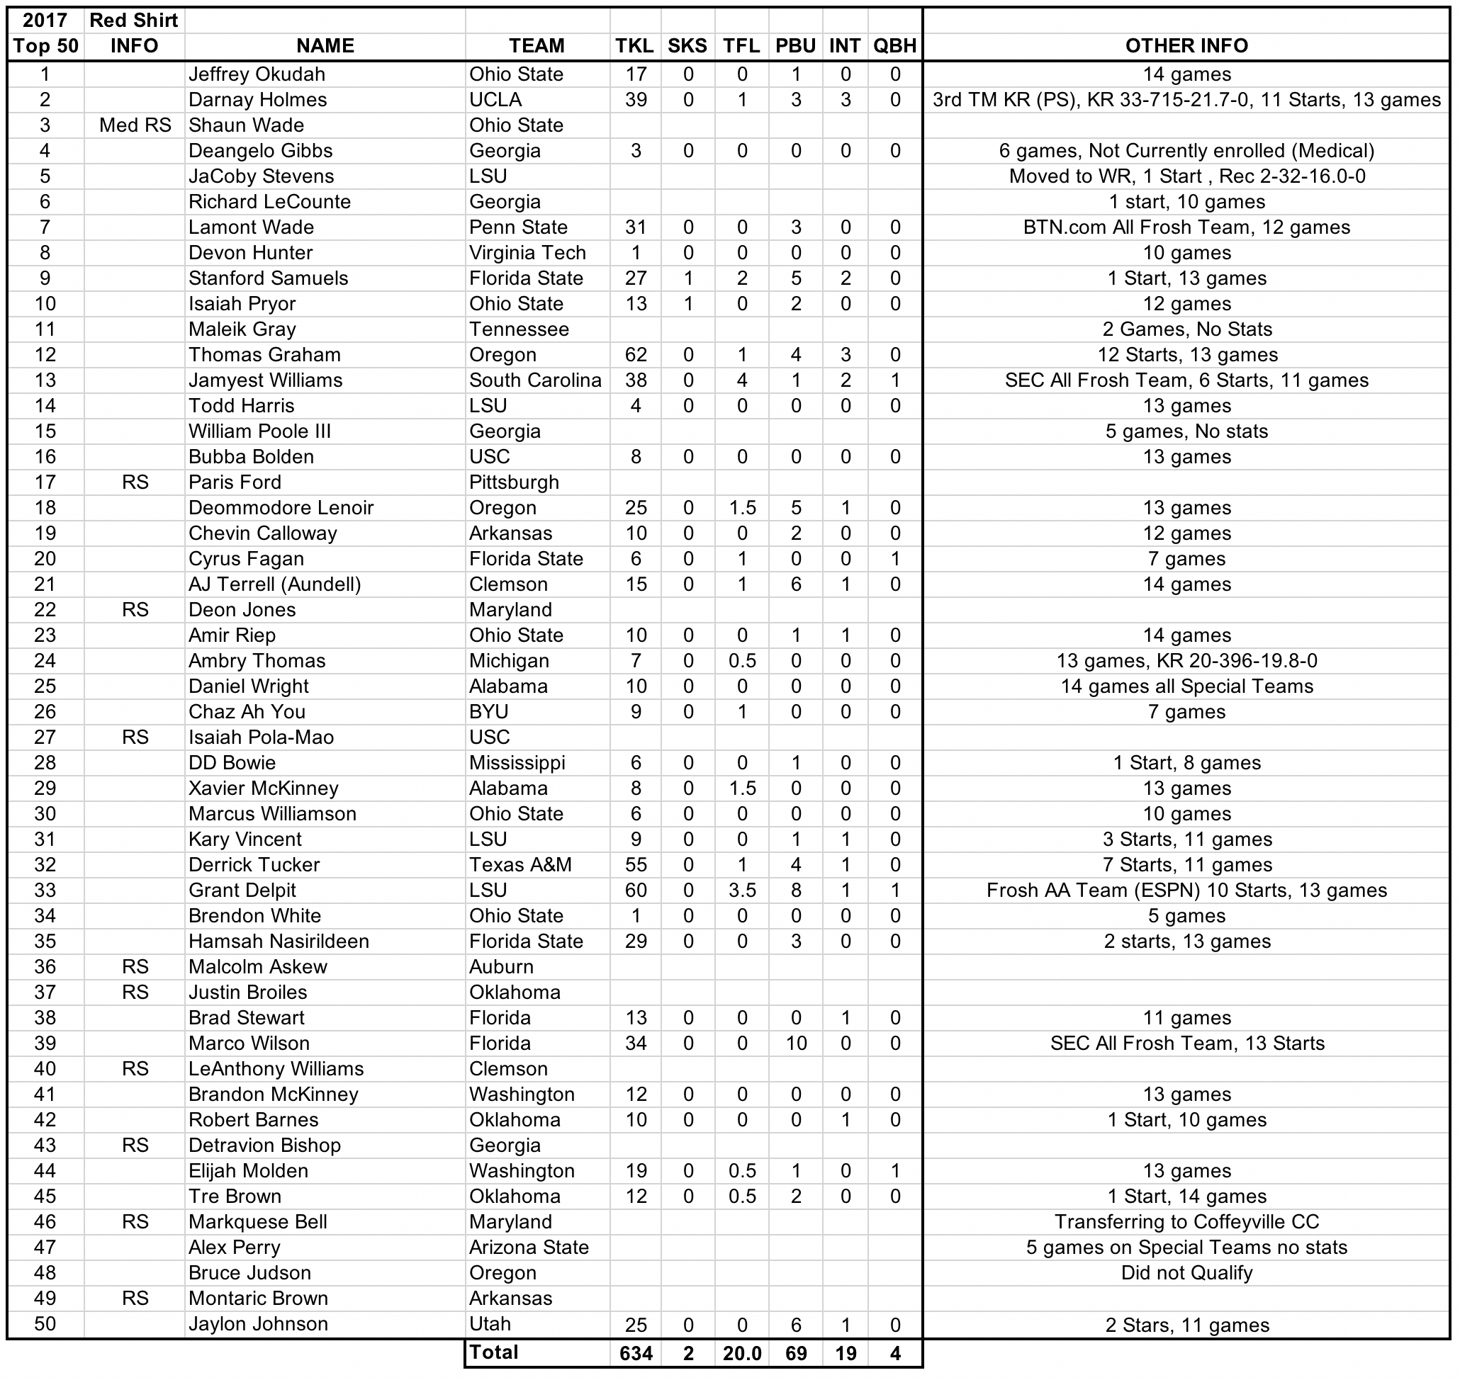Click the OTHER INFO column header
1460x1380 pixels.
click(x=1186, y=45)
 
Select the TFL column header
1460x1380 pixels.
click(x=741, y=45)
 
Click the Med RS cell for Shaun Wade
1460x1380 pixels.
click(x=135, y=125)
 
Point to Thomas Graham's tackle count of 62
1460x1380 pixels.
click(x=635, y=354)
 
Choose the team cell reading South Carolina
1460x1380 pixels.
click(x=535, y=380)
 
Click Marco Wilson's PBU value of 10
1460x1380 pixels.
click(x=795, y=1043)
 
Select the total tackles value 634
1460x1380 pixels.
click(x=635, y=1354)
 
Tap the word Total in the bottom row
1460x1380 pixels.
click(x=494, y=1352)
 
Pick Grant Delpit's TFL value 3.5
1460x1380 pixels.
click(x=742, y=890)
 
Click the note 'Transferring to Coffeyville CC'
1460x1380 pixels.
click(x=1186, y=1222)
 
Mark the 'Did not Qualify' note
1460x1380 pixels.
click(x=1186, y=1272)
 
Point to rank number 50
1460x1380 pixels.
click(x=45, y=1323)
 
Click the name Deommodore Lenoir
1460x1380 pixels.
click(x=281, y=507)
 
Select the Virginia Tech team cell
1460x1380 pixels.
click(x=527, y=253)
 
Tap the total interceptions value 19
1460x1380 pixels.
click(x=845, y=1354)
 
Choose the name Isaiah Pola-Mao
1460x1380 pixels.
click(x=261, y=737)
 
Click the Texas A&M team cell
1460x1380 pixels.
click(x=520, y=864)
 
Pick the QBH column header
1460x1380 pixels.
click(x=894, y=45)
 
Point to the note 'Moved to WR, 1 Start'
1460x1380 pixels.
click(x=1186, y=176)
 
